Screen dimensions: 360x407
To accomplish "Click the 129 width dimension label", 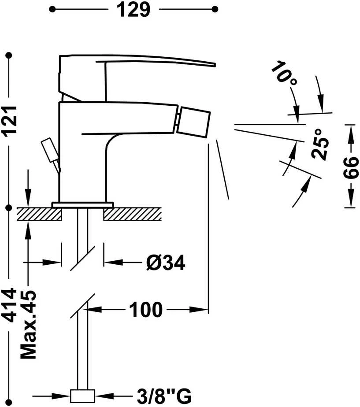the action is tap(133, 10).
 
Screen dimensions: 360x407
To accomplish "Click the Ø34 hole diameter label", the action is tap(166, 263).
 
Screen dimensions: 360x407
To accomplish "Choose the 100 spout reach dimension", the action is tap(146, 310).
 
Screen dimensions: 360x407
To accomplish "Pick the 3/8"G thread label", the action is tap(164, 396).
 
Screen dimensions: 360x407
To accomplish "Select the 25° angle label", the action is tap(320, 144).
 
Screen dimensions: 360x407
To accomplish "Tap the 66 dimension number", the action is tap(351, 168).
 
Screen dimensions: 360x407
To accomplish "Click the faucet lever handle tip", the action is tap(215, 65).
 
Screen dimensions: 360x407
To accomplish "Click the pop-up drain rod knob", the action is tap(49, 150).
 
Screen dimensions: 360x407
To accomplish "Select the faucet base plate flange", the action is tap(82, 204).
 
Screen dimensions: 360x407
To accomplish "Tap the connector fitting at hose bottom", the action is tap(82, 396).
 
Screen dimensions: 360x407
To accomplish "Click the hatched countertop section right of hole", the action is tap(133, 214).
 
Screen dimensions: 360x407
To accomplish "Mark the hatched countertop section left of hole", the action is tap(40, 214).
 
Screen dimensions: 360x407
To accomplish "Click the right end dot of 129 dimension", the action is tap(215, 9).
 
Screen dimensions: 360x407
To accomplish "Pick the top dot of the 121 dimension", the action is tap(9, 55).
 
